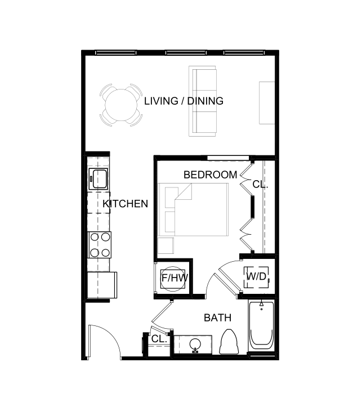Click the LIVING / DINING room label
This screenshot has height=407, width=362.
coord(184,101)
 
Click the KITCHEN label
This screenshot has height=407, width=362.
coord(125,204)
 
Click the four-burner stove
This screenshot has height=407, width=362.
coord(99,245)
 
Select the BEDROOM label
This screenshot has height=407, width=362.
coord(210,175)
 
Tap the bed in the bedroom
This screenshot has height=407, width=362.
coord(194,209)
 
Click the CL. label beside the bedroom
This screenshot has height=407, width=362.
coord(260,184)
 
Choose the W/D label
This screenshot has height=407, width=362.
coord(257,277)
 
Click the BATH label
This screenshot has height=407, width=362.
coord(217,318)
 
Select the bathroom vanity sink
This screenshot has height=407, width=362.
coord(195,344)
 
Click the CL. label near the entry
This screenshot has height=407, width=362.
coord(159,339)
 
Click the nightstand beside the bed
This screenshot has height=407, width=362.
coord(166,245)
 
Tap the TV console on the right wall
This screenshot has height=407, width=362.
coord(266,102)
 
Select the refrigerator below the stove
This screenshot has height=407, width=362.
coord(101,285)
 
